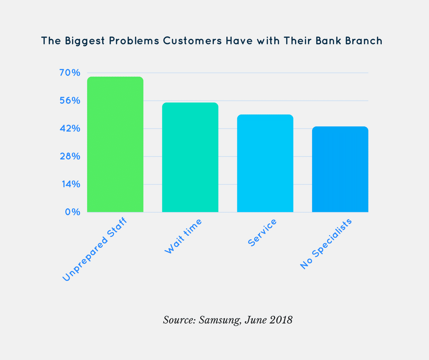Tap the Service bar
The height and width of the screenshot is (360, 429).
click(265, 163)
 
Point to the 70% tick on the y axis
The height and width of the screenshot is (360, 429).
click(69, 73)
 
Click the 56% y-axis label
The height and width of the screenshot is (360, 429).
click(69, 101)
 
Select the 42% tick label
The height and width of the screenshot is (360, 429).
click(69, 129)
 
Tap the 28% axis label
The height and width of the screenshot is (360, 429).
click(69, 157)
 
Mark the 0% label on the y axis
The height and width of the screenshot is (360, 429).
click(73, 212)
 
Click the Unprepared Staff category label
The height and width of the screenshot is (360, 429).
click(94, 250)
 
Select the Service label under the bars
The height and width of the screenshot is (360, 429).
click(262, 233)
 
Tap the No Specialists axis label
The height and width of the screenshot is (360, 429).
click(326, 244)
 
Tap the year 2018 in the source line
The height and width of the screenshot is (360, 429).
click(280, 320)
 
